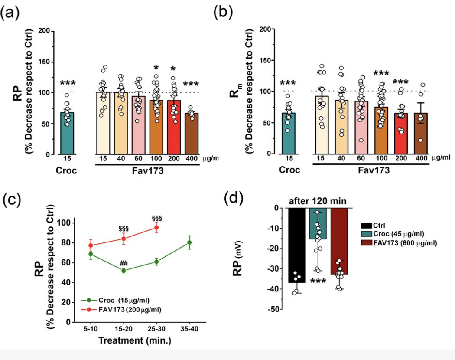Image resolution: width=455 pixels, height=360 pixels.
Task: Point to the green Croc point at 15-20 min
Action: [x=123, y=270]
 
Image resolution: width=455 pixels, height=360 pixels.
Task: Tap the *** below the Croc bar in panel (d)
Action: [x=318, y=284]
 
